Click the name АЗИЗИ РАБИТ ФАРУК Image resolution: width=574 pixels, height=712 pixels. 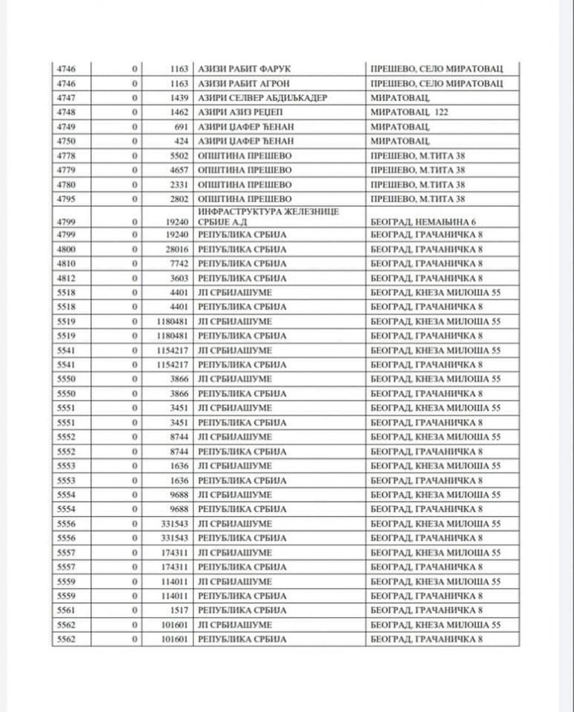tap(241, 69)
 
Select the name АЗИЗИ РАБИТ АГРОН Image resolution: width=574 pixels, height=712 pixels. tap(241, 83)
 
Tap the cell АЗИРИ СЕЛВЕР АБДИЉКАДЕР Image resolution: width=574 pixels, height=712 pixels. tap(254, 97)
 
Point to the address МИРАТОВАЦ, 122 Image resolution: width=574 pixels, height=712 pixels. tap(413, 111)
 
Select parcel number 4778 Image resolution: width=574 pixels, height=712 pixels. tap(67, 155)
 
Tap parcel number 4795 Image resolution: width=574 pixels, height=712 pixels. tap(67, 198)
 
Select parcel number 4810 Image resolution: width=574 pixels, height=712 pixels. tap(67, 264)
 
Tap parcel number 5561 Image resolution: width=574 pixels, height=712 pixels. tap(67, 610)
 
